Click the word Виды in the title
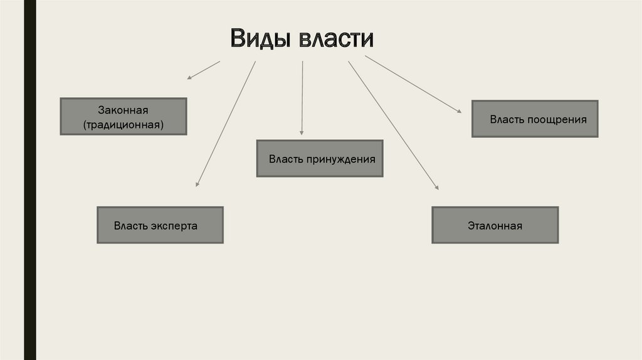pyautogui.click(x=260, y=39)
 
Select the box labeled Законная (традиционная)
pyautogui.click(x=123, y=116)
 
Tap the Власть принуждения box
pyautogui.click(x=320, y=158)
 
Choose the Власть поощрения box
pyautogui.click(x=535, y=119)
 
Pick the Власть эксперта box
pyautogui.click(x=160, y=225)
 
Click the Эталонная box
pyautogui.click(x=495, y=225)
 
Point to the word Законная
pyautogui.click(x=123, y=110)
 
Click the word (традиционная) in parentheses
pyautogui.click(x=123, y=124)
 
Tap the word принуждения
pyautogui.click(x=340, y=159)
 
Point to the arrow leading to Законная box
pyautogui.click(x=204, y=70)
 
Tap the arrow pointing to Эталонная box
pyautogui.click(x=393, y=125)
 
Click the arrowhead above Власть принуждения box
pyautogui.click(x=302, y=132)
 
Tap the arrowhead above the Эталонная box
pyautogui.click(x=436, y=186)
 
